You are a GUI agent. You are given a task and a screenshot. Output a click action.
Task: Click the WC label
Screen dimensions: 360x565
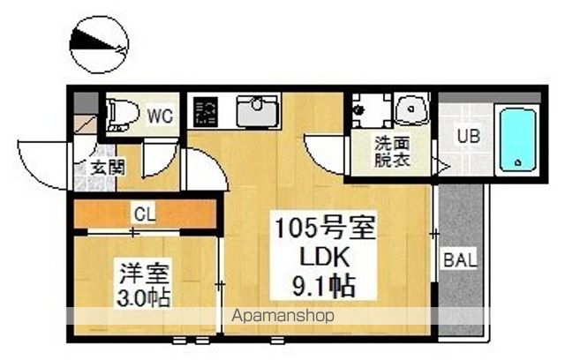click(159, 115)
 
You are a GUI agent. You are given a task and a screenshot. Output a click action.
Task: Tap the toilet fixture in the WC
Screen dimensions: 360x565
click(119, 114)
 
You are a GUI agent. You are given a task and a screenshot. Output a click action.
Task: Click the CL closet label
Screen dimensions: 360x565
click(145, 213)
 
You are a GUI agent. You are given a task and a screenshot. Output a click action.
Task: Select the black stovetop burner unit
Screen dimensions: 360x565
click(208, 112)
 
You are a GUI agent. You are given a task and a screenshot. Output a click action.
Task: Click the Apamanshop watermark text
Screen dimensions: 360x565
click(282, 316)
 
